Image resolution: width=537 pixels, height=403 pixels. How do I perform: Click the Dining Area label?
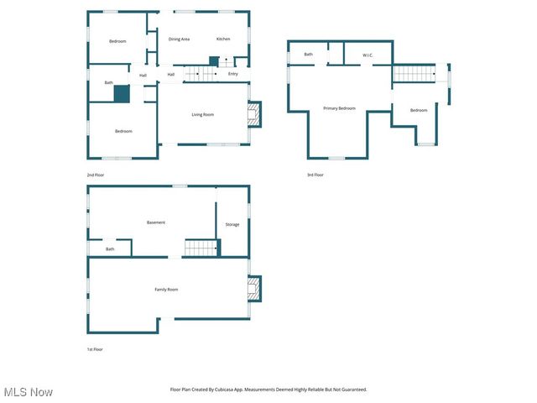pos(179,39)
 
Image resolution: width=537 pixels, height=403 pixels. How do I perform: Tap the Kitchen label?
pos(223,39)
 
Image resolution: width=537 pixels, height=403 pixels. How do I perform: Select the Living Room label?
pos(202,115)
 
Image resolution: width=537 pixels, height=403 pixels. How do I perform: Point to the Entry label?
pos(232,74)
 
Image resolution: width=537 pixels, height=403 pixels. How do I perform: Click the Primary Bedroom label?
pos(340,108)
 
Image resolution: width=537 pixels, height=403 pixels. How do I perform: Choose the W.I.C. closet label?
pos(368,55)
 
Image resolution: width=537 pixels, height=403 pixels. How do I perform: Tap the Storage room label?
pos(232,224)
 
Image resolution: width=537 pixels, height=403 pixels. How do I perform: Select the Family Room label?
pos(166,290)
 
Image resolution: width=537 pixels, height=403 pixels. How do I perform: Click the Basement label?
pos(156,222)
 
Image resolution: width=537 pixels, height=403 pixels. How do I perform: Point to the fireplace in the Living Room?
pos(253,114)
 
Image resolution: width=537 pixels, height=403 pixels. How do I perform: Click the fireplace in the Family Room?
pos(253,290)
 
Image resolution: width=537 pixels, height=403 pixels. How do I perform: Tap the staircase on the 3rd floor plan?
pos(414,74)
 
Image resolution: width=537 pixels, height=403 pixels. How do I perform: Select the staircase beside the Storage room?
pos(201,248)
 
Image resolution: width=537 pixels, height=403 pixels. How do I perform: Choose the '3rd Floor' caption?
pos(315,175)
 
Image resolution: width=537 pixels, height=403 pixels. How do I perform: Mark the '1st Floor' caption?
pos(94,349)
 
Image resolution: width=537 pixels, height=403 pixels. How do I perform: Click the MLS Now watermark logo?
pos(28,392)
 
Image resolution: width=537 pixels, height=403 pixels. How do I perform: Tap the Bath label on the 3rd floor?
pos(309,55)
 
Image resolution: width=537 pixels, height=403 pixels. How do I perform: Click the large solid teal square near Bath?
pos(122,94)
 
